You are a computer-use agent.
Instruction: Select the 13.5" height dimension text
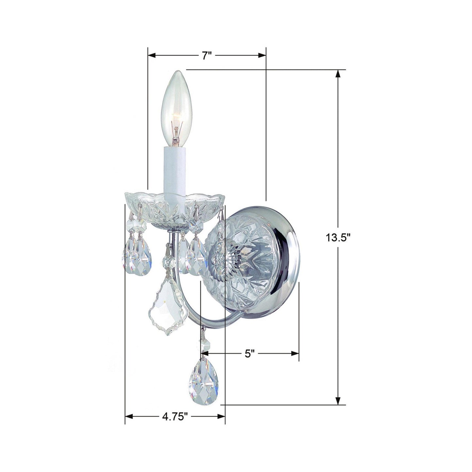(x=337, y=238)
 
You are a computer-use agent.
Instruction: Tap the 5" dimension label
(x=250, y=353)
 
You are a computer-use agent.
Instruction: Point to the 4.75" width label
(x=175, y=416)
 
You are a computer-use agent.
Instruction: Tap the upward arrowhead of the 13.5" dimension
(x=338, y=73)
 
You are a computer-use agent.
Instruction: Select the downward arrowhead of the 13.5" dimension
(x=338, y=401)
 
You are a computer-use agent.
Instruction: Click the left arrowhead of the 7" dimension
(x=151, y=56)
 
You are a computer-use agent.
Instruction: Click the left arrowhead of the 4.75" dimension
(x=128, y=416)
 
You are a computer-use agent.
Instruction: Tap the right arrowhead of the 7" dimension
(x=263, y=56)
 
